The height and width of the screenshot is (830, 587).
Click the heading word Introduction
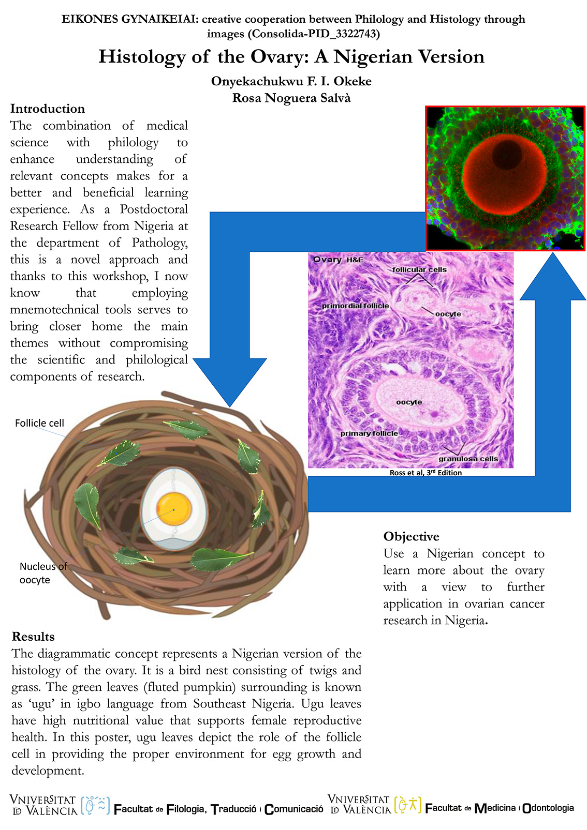[x=48, y=109]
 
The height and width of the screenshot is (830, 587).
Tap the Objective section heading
[x=411, y=537]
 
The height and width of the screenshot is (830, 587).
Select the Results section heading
[x=33, y=637]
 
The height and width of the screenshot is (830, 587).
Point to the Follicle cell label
[x=39, y=423]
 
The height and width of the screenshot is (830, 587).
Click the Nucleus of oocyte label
[x=43, y=573]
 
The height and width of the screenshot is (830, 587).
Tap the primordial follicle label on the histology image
[x=355, y=306]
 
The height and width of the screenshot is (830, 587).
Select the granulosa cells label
[x=468, y=459]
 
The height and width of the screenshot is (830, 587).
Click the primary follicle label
[x=369, y=433]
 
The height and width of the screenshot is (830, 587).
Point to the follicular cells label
[x=419, y=269]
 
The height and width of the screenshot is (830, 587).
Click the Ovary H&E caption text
[x=338, y=260]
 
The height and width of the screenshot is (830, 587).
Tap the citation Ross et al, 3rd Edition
[x=425, y=473]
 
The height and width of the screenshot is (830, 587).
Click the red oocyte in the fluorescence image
[x=505, y=176]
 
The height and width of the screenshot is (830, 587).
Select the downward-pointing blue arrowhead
[x=229, y=382]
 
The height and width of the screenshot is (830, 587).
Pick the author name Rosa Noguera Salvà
[x=291, y=98]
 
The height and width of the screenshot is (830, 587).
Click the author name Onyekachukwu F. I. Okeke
[x=291, y=81]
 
